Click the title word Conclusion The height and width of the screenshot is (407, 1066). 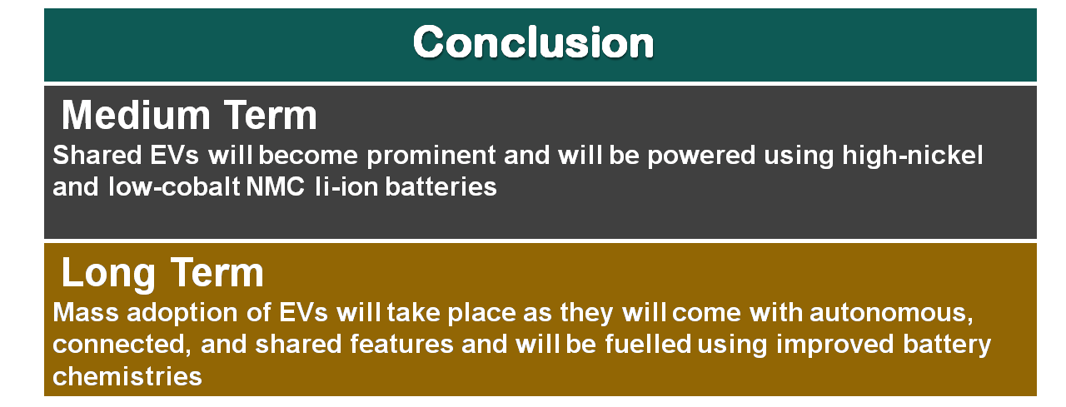[x=534, y=42]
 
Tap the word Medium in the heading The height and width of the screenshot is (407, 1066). [x=136, y=115]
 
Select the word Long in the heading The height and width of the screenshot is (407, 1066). [x=108, y=273]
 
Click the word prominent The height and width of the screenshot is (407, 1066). [x=431, y=156]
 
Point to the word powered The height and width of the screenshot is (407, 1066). [x=701, y=156]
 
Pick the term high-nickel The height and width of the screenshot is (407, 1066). [x=912, y=156]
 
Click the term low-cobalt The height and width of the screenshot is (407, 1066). [x=174, y=186]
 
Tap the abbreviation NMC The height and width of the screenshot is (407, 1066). [x=275, y=186]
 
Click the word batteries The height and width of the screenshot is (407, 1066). [x=441, y=186]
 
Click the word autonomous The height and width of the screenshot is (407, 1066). [x=891, y=314]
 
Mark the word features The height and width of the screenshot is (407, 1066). [x=401, y=345]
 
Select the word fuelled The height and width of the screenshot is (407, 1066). [x=648, y=345]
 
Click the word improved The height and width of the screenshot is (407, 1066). [x=835, y=345]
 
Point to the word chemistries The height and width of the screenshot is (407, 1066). [x=127, y=376]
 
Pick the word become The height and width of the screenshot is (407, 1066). [x=308, y=156]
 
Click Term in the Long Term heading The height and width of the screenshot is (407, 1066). [x=217, y=273]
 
